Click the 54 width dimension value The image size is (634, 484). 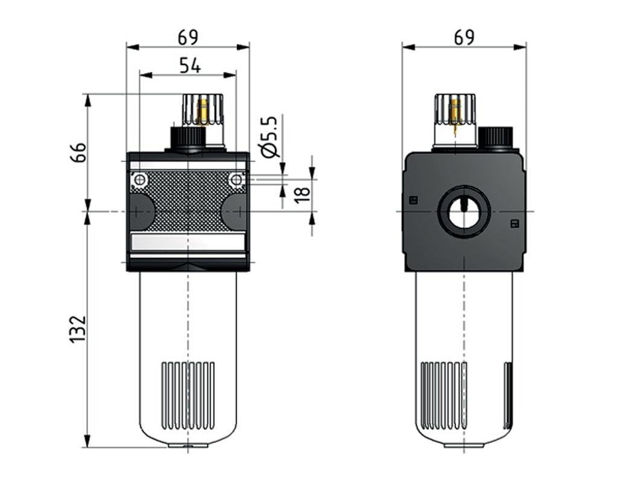click(189, 65)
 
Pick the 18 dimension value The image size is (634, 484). click(303, 193)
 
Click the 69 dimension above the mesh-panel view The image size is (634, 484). click(188, 37)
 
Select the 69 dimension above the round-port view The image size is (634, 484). click(464, 37)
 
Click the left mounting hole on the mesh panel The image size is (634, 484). click(140, 180)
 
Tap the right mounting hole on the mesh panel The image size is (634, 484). click(236, 180)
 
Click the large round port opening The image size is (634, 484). click(463, 212)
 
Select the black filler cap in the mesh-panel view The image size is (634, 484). click(188, 138)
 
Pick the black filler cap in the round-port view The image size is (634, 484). click(495, 137)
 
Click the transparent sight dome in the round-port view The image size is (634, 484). click(455, 115)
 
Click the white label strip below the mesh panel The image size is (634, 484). click(188, 243)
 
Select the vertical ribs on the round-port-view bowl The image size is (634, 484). click(444, 395)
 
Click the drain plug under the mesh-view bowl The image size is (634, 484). click(188, 446)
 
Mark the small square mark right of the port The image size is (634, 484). click(514, 224)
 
